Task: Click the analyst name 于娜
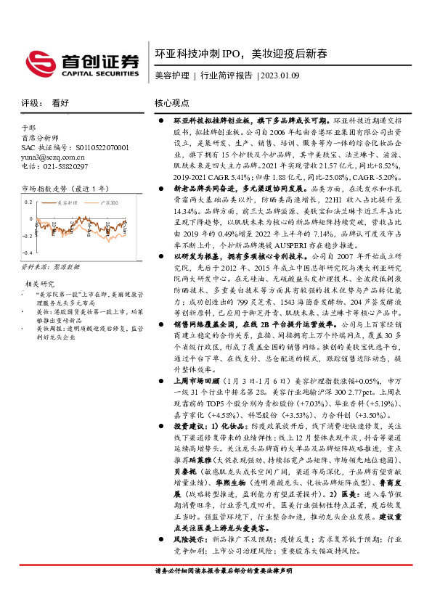pos(28,128)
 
